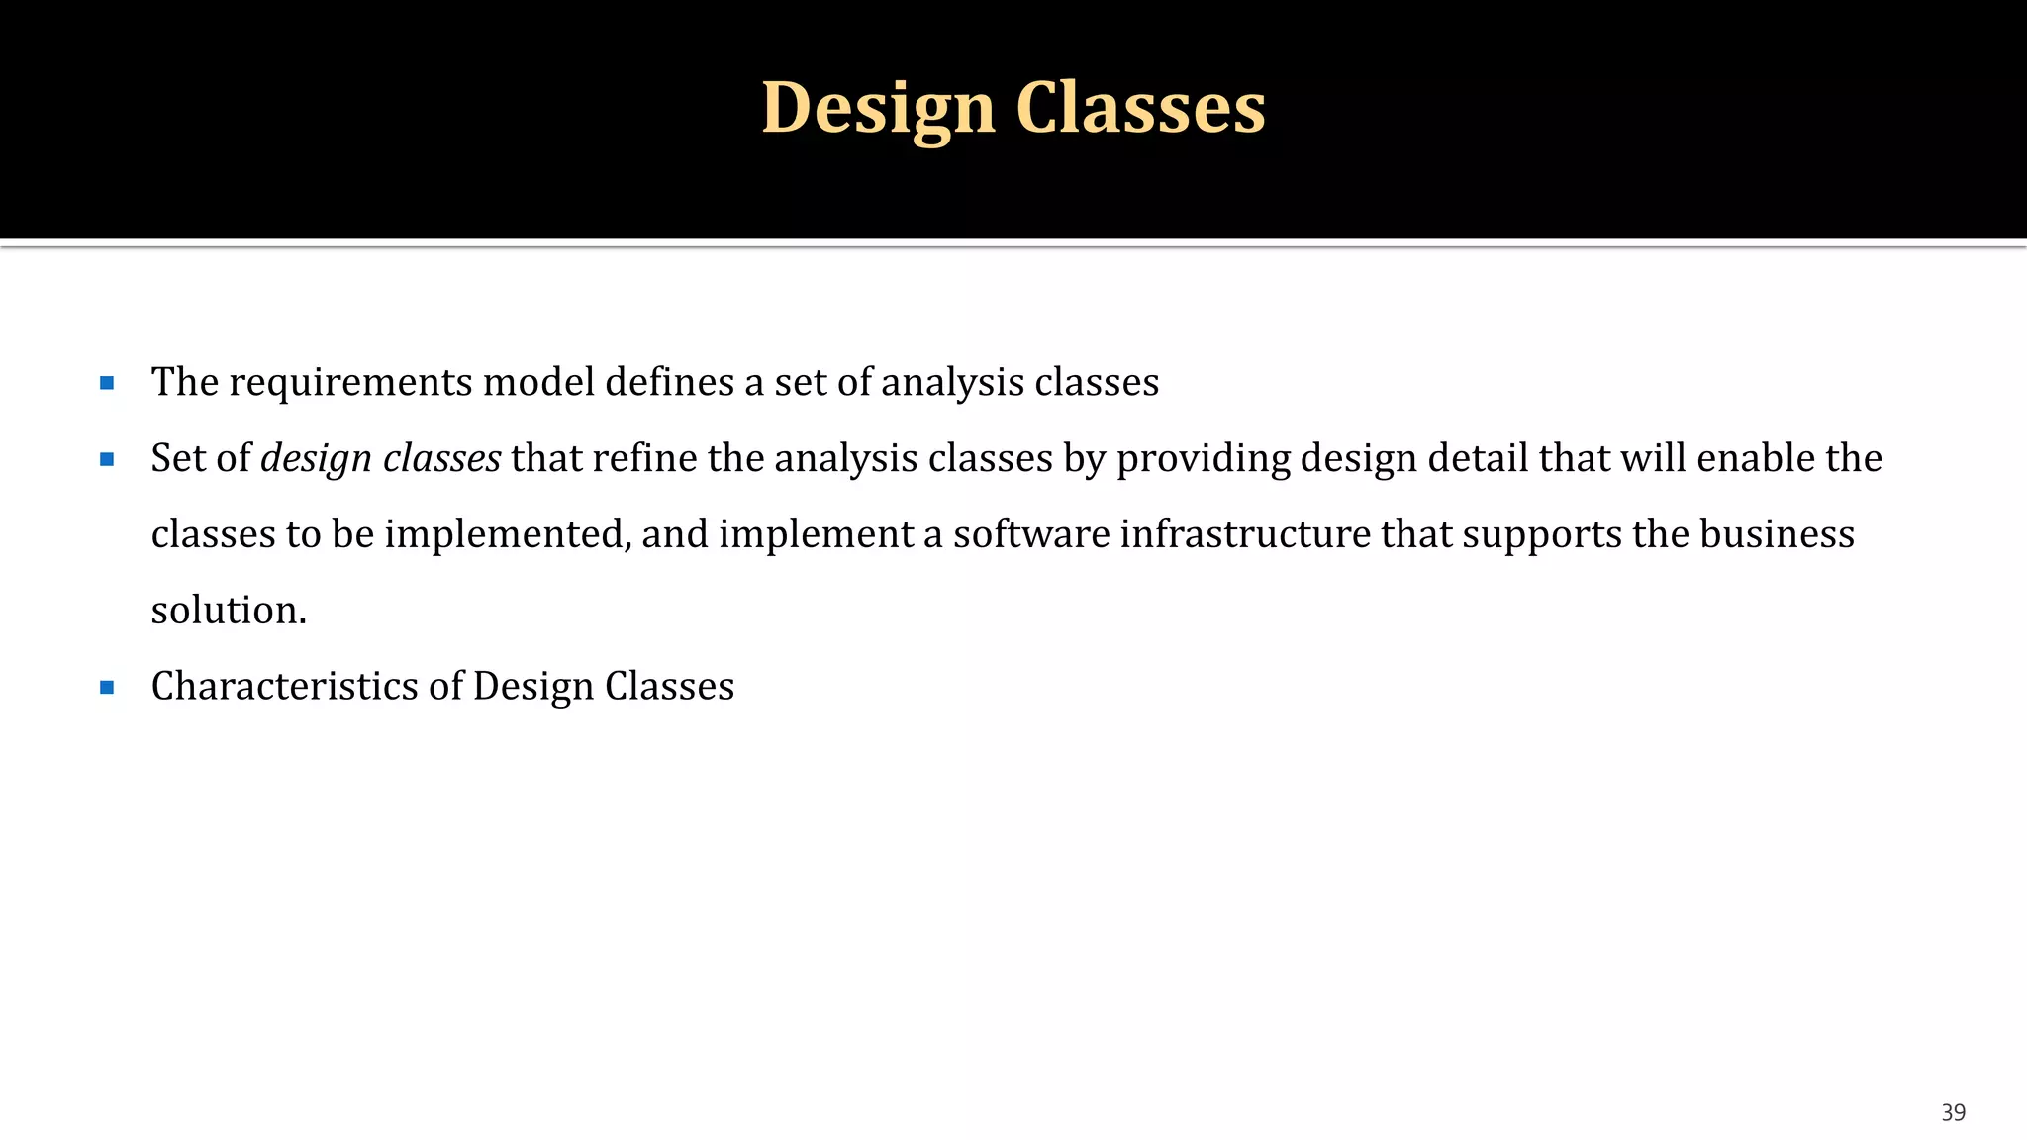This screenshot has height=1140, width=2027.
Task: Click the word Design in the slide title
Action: [878, 107]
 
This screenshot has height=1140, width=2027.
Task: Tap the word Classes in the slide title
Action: [1140, 107]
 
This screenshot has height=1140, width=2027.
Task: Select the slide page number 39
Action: [1953, 1113]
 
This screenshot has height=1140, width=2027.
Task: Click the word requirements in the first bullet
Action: [350, 383]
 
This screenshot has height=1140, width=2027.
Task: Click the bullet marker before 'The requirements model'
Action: [107, 383]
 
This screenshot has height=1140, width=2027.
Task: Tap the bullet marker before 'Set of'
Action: [107, 459]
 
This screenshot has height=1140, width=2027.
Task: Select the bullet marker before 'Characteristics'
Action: [107, 687]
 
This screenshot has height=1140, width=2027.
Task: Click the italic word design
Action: [316, 459]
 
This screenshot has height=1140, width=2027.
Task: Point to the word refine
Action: [644, 459]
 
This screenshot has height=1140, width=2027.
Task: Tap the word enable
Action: [1756, 459]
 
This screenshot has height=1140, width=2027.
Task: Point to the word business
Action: [1777, 535]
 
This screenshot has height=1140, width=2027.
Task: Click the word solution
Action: [229, 611]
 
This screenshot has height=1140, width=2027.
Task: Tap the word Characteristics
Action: [285, 687]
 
